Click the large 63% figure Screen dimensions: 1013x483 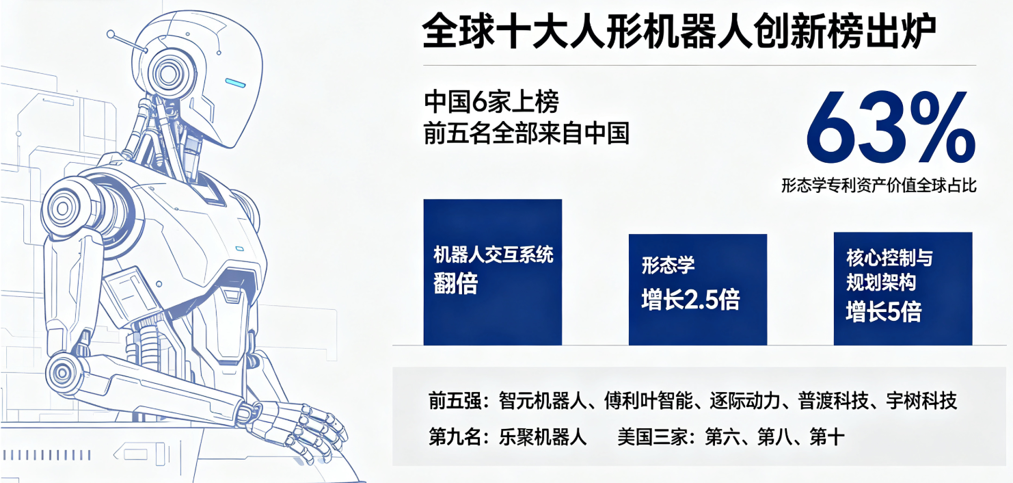coord(891,127)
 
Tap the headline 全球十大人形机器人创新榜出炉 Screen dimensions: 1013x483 coord(679,31)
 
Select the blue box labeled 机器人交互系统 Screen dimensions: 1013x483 coord(492,272)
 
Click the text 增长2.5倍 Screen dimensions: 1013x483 coord(690,299)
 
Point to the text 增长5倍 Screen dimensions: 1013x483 coord(884,311)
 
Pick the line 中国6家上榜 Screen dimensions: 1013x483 coord(491,102)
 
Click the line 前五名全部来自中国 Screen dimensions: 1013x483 coord(526,133)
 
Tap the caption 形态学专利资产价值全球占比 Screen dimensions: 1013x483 coord(879,185)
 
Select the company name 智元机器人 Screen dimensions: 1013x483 coord(542,401)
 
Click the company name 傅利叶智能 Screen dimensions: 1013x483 coord(649,401)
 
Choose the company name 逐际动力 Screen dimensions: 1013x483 coord(745,401)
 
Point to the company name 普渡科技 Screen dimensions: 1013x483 coord(833,401)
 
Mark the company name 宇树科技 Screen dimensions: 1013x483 coord(921,401)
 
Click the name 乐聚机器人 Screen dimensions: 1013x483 coord(542,437)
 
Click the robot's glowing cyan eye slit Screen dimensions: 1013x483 coord(236,83)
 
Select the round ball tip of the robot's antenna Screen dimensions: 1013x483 coord(111,34)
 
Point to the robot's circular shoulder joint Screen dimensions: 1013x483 coord(64,209)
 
